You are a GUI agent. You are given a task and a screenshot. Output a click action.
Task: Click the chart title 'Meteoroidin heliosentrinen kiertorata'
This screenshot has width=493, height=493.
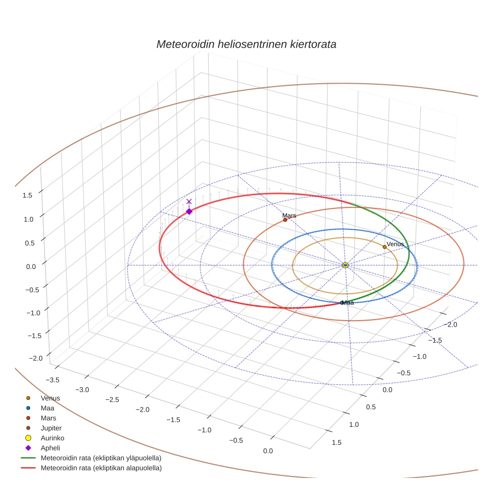246,44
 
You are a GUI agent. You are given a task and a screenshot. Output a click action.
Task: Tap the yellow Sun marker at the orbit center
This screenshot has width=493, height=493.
345,265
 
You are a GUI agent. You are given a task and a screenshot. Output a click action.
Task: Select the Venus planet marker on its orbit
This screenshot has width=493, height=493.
384,246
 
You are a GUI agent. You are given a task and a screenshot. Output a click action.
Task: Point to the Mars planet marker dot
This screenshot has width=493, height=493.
285,220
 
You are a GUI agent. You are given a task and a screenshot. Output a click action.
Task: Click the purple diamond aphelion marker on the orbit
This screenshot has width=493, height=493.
189,211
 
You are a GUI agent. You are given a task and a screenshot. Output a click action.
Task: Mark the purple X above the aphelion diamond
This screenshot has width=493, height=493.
189,201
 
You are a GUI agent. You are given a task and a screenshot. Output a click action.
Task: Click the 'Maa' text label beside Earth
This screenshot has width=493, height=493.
348,303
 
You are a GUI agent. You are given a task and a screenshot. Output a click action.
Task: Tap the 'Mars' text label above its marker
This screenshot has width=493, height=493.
289,215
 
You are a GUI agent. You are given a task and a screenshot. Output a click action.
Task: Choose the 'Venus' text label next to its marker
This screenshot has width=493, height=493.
395,244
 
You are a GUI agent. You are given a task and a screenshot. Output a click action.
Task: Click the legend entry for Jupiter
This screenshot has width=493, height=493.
51,428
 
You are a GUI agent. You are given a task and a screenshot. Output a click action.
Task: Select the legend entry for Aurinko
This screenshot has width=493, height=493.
52,438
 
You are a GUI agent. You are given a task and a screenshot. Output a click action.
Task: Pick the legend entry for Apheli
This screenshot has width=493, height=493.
50,448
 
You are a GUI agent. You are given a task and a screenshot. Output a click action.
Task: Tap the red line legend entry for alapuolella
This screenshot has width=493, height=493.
101,468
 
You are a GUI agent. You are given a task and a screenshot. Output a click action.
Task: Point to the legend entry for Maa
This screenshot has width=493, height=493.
47,408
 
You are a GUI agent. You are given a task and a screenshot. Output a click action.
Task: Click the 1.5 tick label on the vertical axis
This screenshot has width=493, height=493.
28,195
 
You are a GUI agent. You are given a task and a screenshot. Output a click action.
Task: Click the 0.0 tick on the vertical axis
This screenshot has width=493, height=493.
31,267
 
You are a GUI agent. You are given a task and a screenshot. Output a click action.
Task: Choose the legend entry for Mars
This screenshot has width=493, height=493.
48,418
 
